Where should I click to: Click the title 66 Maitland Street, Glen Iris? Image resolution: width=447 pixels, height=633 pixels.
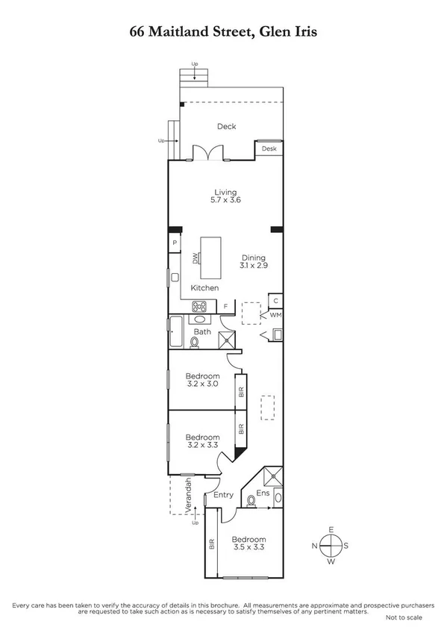pos(223,32)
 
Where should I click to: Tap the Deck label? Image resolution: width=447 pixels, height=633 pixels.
pos(226,127)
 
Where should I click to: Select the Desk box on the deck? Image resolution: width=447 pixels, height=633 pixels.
pos(269,149)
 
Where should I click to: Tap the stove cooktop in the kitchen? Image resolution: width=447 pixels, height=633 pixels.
pos(199,305)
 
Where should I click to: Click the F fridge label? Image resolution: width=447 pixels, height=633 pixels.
pos(225,306)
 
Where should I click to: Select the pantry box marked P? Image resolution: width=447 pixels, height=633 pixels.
pos(175,243)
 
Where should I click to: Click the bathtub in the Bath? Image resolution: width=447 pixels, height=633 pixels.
pos(177,331)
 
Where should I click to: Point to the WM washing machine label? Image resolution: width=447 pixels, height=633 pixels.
pos(275,315)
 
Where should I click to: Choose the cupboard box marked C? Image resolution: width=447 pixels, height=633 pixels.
pos(275,301)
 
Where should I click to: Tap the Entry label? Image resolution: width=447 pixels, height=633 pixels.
pos(223,495)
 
